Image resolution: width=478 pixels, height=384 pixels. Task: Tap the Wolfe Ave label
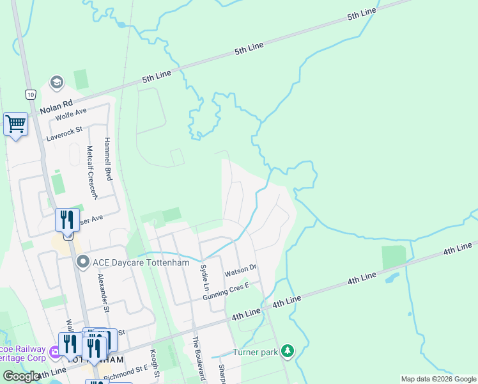tap(71, 115)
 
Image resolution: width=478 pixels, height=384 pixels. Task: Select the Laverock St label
tap(65, 133)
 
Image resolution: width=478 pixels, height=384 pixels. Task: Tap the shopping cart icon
tap(15, 123)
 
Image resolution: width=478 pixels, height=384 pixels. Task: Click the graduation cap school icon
tap(56, 83)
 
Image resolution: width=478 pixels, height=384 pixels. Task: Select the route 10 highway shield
tap(30, 94)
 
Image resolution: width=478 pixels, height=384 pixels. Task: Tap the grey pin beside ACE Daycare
tap(82, 262)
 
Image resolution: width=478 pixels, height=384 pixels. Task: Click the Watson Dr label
tap(240, 271)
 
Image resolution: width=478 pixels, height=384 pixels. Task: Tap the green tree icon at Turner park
tap(288, 351)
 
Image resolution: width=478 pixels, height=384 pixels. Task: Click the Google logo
tap(20, 376)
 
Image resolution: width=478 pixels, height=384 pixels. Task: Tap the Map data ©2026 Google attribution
tap(438, 379)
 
